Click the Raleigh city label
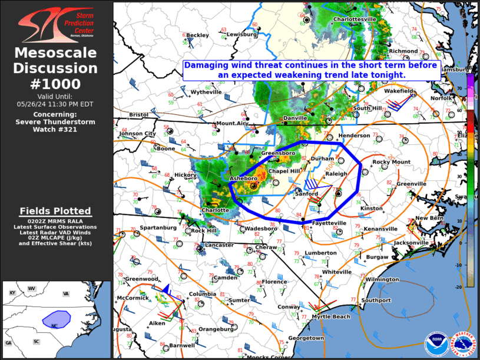pos(336,174)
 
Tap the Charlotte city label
pos(215,210)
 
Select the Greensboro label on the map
pos(278,153)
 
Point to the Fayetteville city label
pos(329,223)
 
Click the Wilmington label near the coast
pos(382,279)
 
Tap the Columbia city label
pos(202,294)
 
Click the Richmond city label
pos(403,51)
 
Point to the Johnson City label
pos(137,134)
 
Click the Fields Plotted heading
pos(55,211)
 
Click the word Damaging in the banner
pos(208,65)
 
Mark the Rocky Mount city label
pos(390,162)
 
